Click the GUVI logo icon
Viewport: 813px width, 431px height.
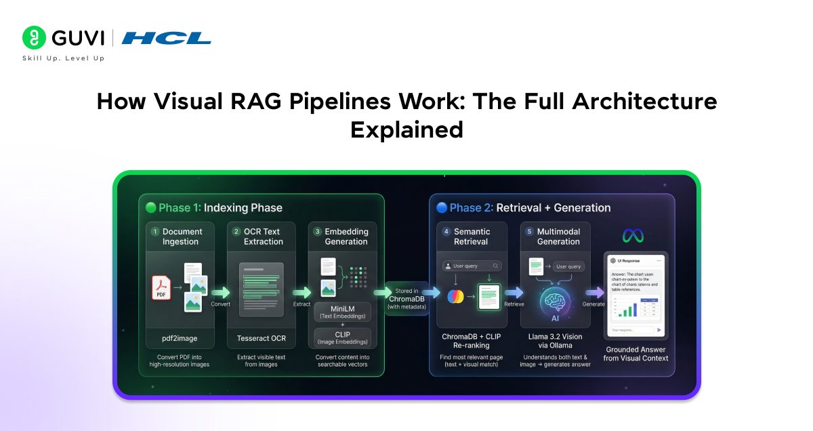(x=34, y=37)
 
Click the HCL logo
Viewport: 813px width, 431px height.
(x=166, y=37)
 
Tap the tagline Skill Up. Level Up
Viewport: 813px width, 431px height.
(x=63, y=58)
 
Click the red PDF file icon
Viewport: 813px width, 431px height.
(x=161, y=288)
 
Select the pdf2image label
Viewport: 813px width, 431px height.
(x=180, y=338)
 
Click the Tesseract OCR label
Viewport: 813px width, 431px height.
(x=262, y=338)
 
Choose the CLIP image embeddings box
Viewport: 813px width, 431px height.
(x=342, y=337)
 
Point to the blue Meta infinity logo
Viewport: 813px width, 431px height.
(x=633, y=235)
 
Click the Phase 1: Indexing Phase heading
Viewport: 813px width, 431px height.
(x=211, y=207)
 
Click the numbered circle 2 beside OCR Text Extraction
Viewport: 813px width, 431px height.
(x=236, y=232)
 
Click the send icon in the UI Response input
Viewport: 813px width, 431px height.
(x=659, y=330)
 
